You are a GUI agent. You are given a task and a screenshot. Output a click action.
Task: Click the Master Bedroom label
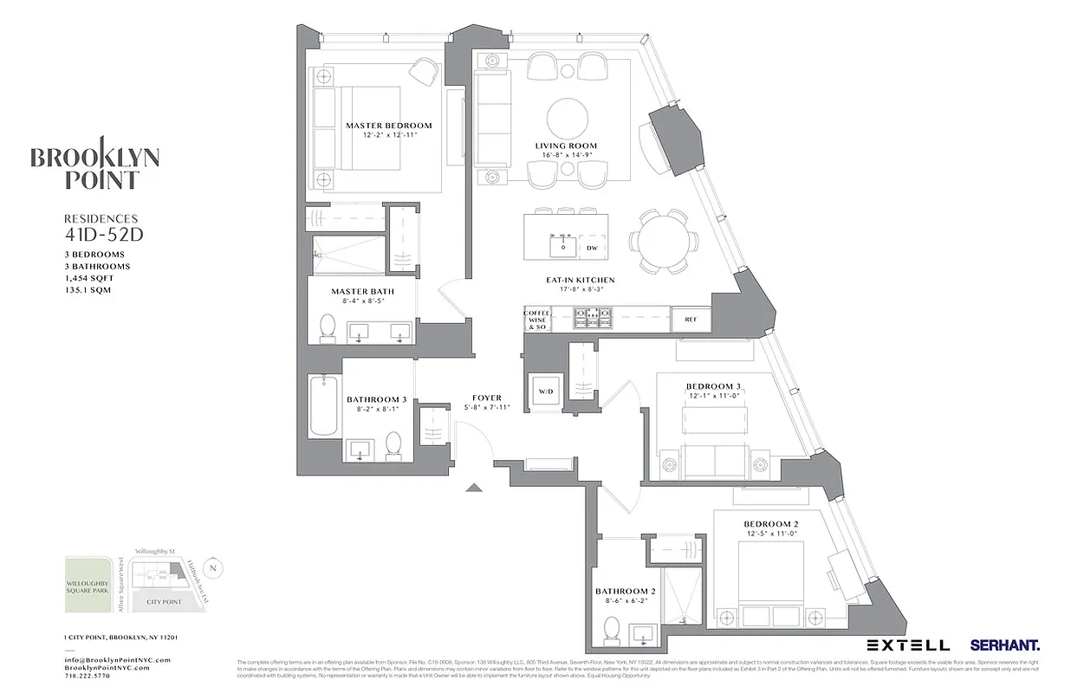point(388,126)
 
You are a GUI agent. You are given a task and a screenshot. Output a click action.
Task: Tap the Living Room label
point(566,146)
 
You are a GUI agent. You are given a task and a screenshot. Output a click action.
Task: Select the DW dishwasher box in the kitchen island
point(592,248)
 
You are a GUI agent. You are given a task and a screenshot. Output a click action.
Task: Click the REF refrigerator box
point(691,320)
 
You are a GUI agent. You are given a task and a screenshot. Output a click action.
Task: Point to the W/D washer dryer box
point(546,392)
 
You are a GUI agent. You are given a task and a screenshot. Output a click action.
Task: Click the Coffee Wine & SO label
point(536,320)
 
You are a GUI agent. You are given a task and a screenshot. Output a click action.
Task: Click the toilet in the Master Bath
point(328,327)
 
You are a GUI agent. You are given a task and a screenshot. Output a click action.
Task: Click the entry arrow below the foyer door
point(473,488)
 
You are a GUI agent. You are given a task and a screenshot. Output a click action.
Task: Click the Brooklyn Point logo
point(95,168)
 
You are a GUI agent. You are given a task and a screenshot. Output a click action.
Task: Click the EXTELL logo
point(908,645)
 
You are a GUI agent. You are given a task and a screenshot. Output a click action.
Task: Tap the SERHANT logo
point(1005,645)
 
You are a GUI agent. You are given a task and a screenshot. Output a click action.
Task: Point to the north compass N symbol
point(215,569)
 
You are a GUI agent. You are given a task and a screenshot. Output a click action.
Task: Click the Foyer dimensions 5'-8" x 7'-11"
point(488,407)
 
